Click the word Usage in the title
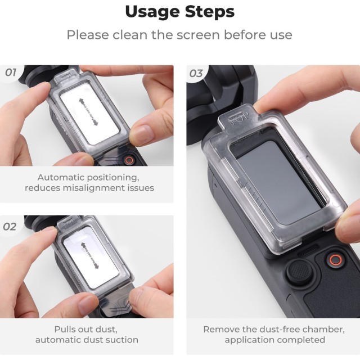pos(152,12)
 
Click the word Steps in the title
pos(210,11)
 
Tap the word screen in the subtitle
pos(198,35)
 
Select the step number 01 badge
pos(11,73)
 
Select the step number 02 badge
pos(10,227)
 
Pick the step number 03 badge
pos(196,74)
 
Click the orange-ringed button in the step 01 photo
pos(129,160)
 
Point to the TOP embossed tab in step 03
pos(238,118)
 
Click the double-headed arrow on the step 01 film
pos(88,112)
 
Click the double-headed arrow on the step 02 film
pos(90,255)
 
